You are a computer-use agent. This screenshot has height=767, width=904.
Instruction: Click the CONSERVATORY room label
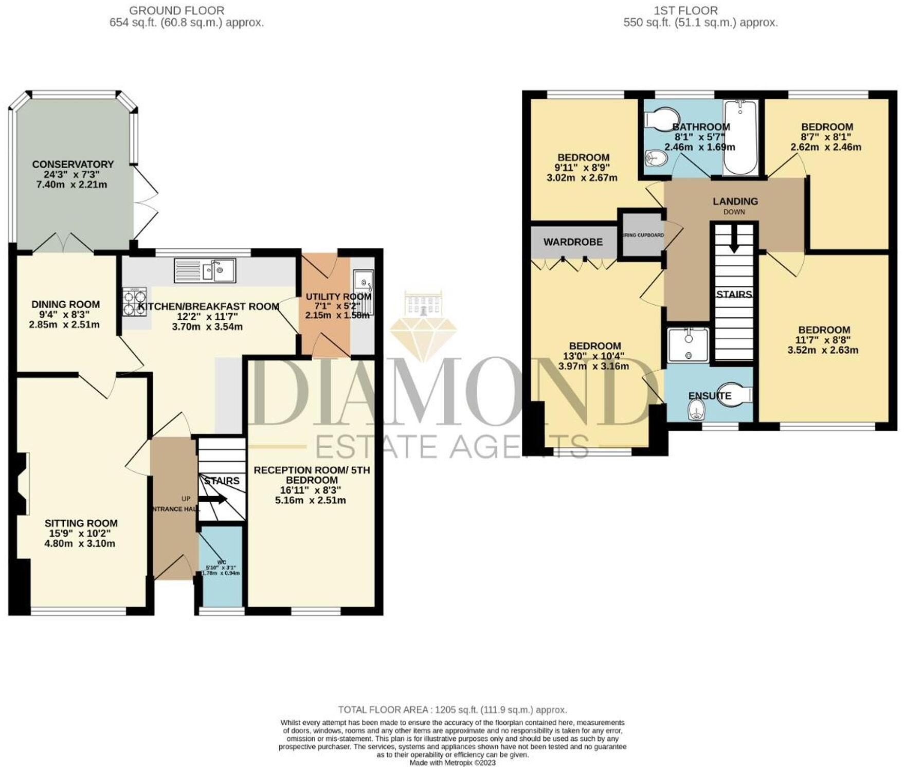pyautogui.click(x=73, y=165)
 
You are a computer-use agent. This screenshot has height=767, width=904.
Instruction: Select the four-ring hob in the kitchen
pyautogui.click(x=135, y=301)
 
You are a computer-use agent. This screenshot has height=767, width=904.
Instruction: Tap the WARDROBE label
pyautogui.click(x=573, y=242)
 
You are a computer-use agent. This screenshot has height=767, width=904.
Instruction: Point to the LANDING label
pyautogui.click(x=735, y=202)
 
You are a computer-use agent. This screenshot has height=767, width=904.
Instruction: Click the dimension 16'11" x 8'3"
pyautogui.click(x=312, y=490)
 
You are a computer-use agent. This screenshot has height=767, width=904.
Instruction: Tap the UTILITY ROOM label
pyautogui.click(x=338, y=297)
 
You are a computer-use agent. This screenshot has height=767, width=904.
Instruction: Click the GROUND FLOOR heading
pyautogui.click(x=176, y=10)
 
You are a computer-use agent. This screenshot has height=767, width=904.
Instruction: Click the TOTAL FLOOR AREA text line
pyautogui.click(x=452, y=710)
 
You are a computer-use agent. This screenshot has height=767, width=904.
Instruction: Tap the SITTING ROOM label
pyautogui.click(x=81, y=523)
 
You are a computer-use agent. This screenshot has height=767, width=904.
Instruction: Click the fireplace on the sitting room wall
pyautogui.click(x=22, y=483)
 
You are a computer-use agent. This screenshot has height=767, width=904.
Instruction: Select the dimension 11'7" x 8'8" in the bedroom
pyautogui.click(x=823, y=340)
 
